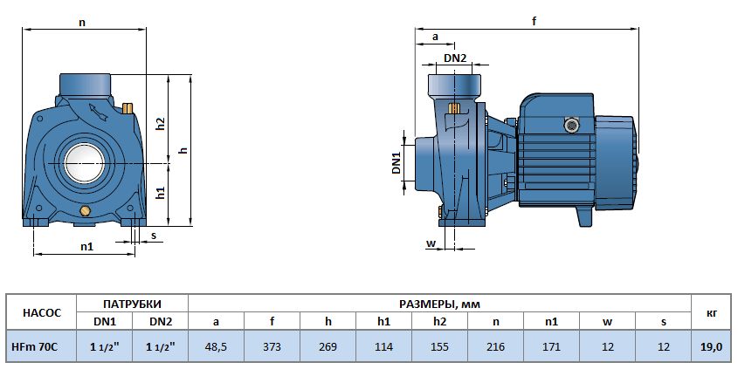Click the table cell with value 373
(272, 346)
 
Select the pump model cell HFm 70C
(34, 346)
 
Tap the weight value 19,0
(711, 346)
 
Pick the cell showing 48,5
(216, 346)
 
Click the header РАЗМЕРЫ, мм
(439, 304)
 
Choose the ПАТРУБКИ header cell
(133, 304)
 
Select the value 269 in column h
(328, 346)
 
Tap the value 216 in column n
(495, 346)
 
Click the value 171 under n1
(551, 346)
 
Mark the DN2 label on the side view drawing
(455, 58)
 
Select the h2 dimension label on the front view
(161, 124)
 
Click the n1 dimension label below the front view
(86, 247)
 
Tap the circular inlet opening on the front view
(84, 163)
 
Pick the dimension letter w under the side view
(430, 243)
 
